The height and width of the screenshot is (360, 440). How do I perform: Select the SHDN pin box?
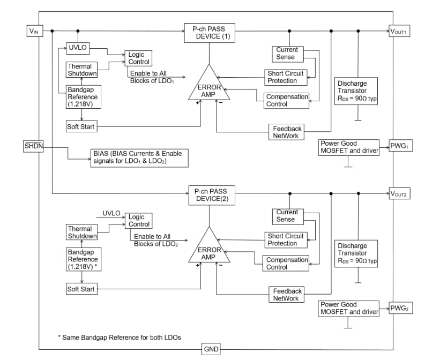pos(33,146)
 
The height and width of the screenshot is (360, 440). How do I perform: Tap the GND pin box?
pos(211,350)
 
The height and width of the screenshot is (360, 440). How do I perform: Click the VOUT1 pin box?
pos(399,31)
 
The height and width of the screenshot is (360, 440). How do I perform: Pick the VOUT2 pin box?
pos(399,194)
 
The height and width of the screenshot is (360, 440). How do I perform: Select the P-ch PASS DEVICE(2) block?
pos(210,195)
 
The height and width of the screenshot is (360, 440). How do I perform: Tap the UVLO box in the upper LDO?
pos(77,48)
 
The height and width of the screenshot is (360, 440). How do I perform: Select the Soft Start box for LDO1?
pos(81,127)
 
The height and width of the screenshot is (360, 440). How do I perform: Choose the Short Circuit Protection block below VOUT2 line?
pos(286,239)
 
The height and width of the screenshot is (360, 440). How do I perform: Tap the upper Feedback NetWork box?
pos(287,132)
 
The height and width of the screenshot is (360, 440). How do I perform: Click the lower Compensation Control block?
pos(287,263)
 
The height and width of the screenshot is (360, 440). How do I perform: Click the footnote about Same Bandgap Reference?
pos(119,337)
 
